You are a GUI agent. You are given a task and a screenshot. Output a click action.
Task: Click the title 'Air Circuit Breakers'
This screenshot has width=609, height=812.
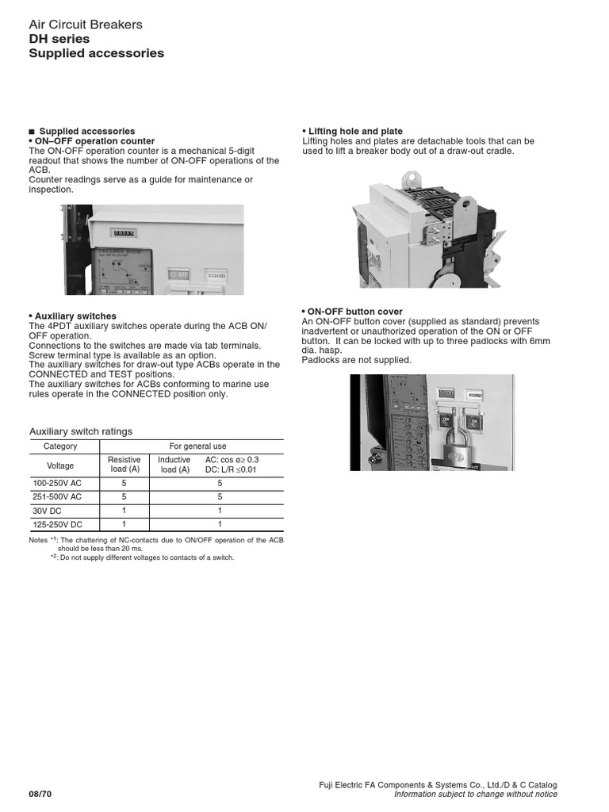pyautogui.click(x=86, y=25)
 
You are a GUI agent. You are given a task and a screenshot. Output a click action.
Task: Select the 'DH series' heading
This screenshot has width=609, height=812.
pyautogui.click(x=59, y=39)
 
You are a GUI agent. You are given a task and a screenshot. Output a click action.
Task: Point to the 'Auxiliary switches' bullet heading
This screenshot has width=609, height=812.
pyautogui.click(x=75, y=316)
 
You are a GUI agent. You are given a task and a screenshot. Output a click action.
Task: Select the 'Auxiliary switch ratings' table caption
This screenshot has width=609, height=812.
pyautogui.click(x=81, y=431)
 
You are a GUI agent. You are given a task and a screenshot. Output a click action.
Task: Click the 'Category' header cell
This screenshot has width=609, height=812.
pyautogui.click(x=60, y=446)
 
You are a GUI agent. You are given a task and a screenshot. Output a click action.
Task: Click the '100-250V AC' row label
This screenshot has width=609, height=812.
pyautogui.click(x=57, y=482)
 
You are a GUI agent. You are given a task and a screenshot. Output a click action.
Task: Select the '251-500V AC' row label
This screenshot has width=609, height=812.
pyautogui.click(x=57, y=496)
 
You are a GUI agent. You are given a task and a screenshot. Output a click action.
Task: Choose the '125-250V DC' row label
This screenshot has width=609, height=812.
pyautogui.click(x=57, y=525)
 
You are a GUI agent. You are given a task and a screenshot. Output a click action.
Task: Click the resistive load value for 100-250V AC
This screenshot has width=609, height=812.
pyautogui.click(x=124, y=482)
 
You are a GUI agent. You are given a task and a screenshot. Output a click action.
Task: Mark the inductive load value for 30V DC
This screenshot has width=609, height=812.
pyautogui.click(x=220, y=511)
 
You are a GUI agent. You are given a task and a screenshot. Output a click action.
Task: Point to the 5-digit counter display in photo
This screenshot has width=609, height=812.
pyautogui.click(x=123, y=233)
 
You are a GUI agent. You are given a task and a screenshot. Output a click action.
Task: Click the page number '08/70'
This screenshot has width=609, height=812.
pyautogui.click(x=40, y=794)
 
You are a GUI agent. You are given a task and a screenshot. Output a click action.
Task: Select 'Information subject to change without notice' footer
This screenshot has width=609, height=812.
pyautogui.click(x=475, y=795)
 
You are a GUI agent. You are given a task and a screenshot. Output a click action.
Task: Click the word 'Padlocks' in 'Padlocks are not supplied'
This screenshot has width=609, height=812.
pyautogui.click(x=321, y=360)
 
